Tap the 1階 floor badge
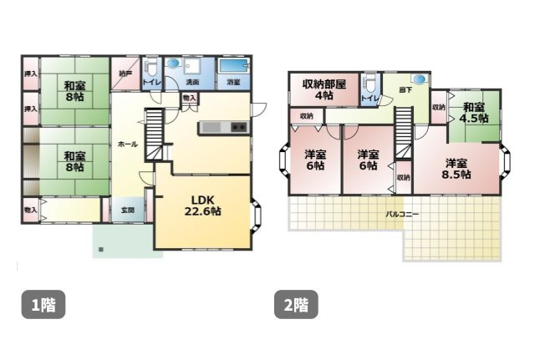pos(43,305)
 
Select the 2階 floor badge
pos(296,305)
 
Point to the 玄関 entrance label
pos(127,210)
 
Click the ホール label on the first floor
pos(128,145)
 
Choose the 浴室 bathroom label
pos(233,83)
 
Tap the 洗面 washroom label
pos(191,83)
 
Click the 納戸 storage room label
pos(125,74)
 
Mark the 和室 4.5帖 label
pos(474,112)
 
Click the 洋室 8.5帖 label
pos(456,168)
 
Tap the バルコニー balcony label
pos(402,214)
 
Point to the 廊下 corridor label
pos(405,89)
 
